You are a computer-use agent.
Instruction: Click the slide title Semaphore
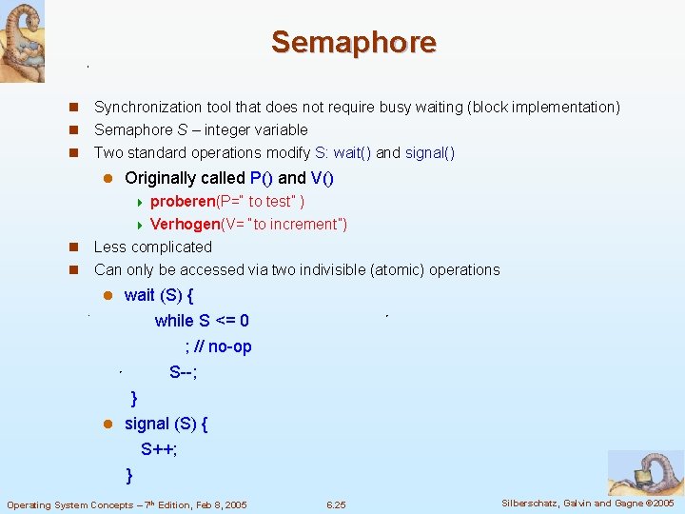tap(353, 43)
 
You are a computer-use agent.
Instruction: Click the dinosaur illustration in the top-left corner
tap(22, 41)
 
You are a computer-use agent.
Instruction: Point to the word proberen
tap(182, 202)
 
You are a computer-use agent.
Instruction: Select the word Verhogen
tap(185, 225)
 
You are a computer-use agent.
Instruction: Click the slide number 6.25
tap(336, 504)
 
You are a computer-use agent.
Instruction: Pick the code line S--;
tap(184, 372)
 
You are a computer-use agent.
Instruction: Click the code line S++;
tap(159, 449)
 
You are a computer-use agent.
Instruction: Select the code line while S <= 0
tap(202, 321)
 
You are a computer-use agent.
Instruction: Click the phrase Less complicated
tap(153, 247)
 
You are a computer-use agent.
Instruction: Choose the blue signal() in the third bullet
tap(430, 153)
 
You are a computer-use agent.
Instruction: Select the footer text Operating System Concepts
tap(71, 504)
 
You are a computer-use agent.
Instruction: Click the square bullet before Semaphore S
tap(73, 130)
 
